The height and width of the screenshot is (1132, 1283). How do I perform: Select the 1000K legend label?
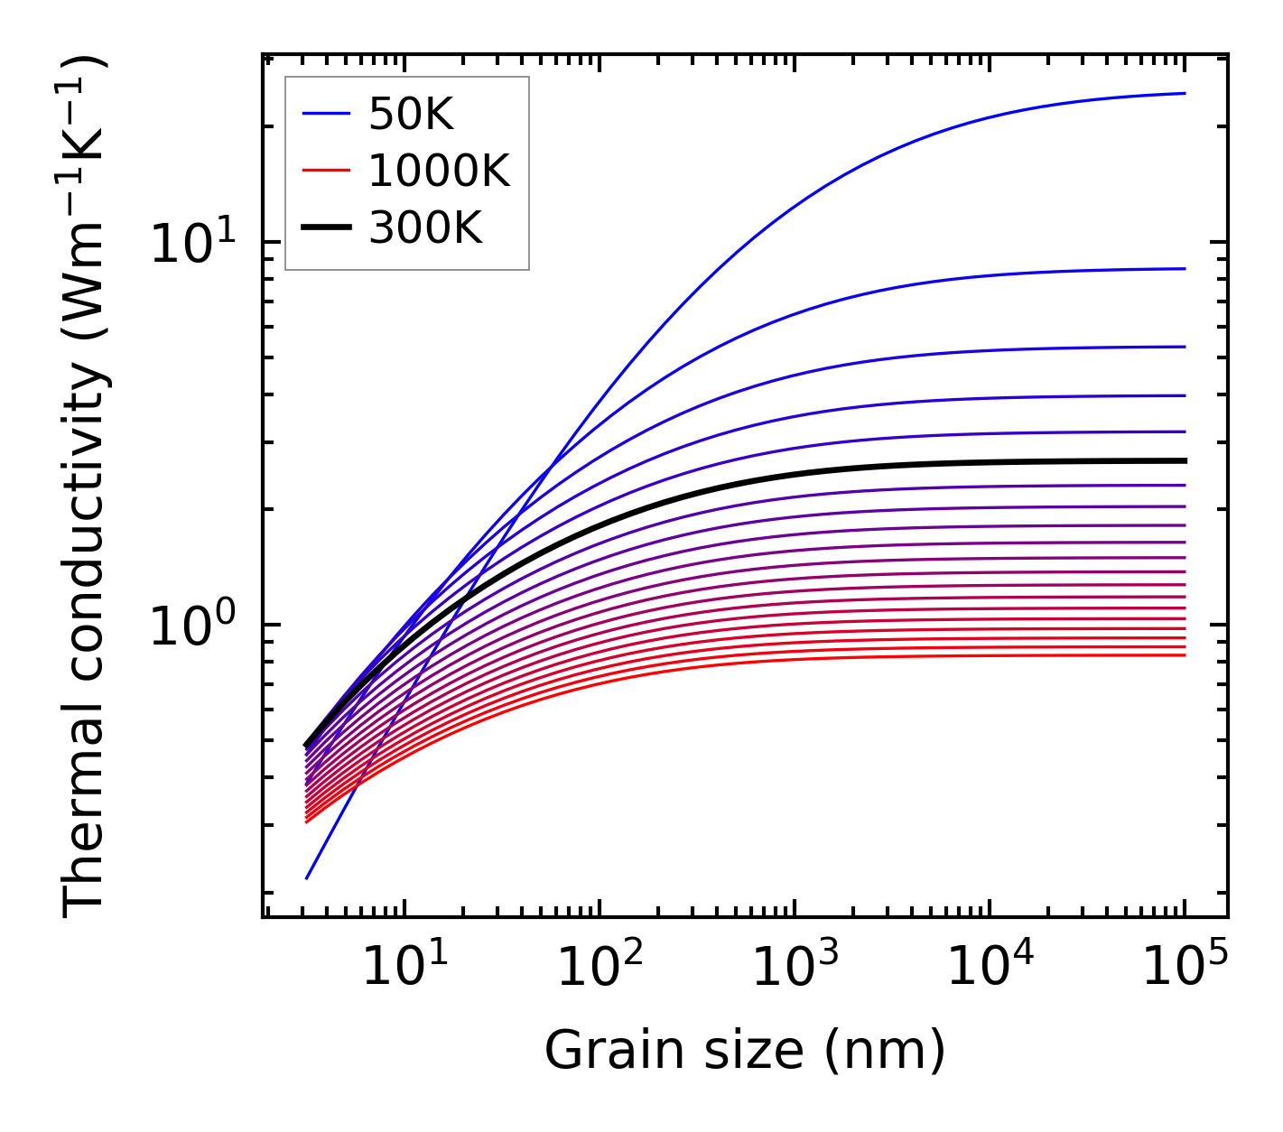tap(439, 171)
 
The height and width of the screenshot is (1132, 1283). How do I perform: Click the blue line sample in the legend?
tap(325, 114)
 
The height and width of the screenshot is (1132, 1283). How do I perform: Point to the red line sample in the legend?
tap(325, 171)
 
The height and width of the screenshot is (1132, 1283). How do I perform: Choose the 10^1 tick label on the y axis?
tap(192, 244)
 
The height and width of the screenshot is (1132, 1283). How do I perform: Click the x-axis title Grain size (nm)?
tap(745, 1051)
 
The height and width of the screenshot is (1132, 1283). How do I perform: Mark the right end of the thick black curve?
tap(1184, 460)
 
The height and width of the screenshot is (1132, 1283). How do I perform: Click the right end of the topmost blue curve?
tap(1184, 93)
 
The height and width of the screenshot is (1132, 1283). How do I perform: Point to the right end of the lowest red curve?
tap(1184, 654)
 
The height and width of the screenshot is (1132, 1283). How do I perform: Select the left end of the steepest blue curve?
tap(307, 877)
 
